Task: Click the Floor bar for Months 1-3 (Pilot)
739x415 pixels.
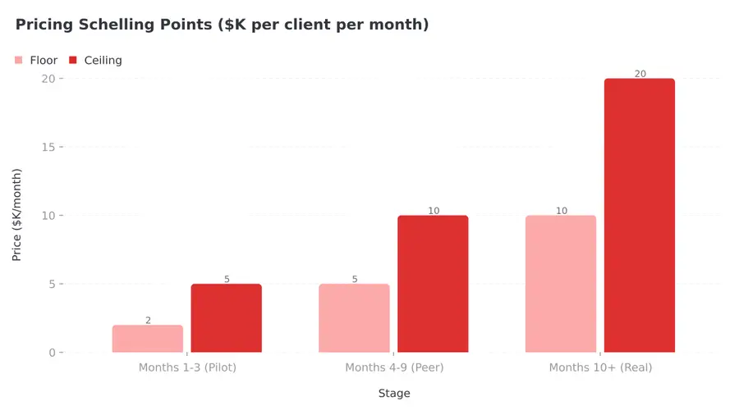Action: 148,339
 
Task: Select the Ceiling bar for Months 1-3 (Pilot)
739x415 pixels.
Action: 227,318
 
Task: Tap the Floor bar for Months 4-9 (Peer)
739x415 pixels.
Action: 354,318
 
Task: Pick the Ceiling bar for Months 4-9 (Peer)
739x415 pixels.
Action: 433,284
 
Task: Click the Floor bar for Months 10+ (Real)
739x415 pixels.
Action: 561,284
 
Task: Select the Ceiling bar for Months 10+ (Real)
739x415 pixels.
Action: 640,216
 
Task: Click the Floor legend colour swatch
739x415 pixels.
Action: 19,60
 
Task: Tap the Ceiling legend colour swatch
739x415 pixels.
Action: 73,60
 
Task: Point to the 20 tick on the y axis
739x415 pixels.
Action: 48,79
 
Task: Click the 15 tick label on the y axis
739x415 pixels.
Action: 48,147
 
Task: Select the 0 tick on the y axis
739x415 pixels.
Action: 52,353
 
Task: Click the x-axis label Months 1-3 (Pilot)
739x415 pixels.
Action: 187,367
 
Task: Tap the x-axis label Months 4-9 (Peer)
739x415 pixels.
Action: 394,367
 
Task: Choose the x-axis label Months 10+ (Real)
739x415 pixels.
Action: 600,367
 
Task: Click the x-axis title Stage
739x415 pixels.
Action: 394,394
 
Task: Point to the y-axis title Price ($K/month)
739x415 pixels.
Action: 17,215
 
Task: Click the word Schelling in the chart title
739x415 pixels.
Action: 124,25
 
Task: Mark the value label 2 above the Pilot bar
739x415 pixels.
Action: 148,321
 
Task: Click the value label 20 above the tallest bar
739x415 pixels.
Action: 640,74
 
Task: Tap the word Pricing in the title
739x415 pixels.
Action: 44,25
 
